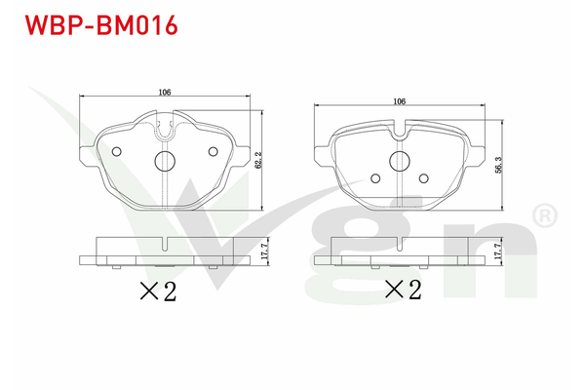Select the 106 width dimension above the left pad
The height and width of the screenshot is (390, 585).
pyautogui.click(x=165, y=92)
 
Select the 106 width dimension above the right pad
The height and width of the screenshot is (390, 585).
pyautogui.click(x=399, y=100)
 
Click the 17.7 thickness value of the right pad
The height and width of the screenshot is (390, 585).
pyautogui.click(x=498, y=251)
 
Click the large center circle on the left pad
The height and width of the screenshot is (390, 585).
pyautogui.click(x=165, y=161)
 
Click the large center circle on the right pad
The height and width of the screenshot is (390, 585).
pyautogui.click(x=399, y=161)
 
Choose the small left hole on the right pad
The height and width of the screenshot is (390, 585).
pyautogui.click(x=375, y=177)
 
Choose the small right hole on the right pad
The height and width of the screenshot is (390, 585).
pyautogui.click(x=423, y=177)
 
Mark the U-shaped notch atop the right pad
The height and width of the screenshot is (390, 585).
pyautogui.click(x=399, y=124)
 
